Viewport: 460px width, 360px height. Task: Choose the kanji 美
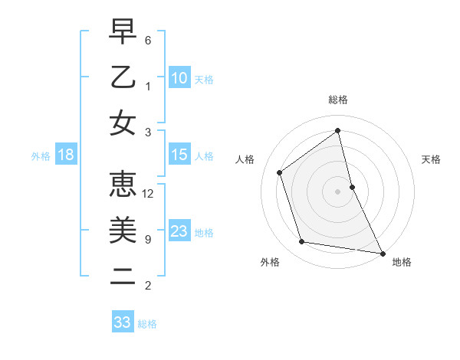click(x=123, y=231)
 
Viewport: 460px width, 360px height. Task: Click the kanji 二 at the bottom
click(x=123, y=277)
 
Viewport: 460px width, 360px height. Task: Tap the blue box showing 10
click(x=179, y=77)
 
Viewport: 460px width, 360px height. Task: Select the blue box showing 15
click(x=179, y=155)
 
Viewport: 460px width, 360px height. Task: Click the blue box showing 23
click(x=179, y=231)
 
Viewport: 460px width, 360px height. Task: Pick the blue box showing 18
click(x=66, y=155)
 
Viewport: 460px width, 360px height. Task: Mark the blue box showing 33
click(x=123, y=322)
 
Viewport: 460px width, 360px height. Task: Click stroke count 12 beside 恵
click(x=149, y=194)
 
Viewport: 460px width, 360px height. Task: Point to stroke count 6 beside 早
click(x=148, y=40)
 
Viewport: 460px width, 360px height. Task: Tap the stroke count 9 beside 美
click(x=148, y=240)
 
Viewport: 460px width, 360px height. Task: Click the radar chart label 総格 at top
click(x=338, y=100)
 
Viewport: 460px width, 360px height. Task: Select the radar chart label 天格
click(x=432, y=159)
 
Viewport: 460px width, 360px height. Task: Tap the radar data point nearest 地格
click(x=382, y=253)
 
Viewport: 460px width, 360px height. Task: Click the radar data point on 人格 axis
click(x=280, y=172)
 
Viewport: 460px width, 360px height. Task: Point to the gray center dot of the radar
click(x=338, y=191)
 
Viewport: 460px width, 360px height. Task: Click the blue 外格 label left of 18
click(x=41, y=155)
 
